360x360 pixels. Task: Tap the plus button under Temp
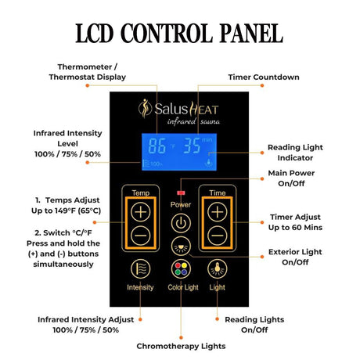(x=140, y=212)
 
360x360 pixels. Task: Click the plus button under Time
(x=218, y=212)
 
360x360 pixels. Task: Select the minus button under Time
(x=218, y=236)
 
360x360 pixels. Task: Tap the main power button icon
(x=181, y=223)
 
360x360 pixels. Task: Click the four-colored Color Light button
(x=181, y=269)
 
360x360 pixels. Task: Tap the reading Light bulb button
(x=217, y=269)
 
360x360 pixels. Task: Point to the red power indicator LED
(x=181, y=193)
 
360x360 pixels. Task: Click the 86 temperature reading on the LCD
(x=157, y=146)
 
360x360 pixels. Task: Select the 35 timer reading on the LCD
(x=192, y=146)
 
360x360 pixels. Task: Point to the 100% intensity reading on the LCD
(x=153, y=164)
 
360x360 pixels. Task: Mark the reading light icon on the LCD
(x=209, y=162)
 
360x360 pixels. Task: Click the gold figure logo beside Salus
(x=145, y=109)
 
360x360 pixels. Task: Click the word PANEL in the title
(x=251, y=33)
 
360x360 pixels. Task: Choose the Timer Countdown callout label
(x=264, y=77)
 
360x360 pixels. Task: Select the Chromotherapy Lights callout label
(x=181, y=346)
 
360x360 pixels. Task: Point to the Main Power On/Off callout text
(x=291, y=178)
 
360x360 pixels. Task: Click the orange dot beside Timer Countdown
(x=262, y=85)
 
